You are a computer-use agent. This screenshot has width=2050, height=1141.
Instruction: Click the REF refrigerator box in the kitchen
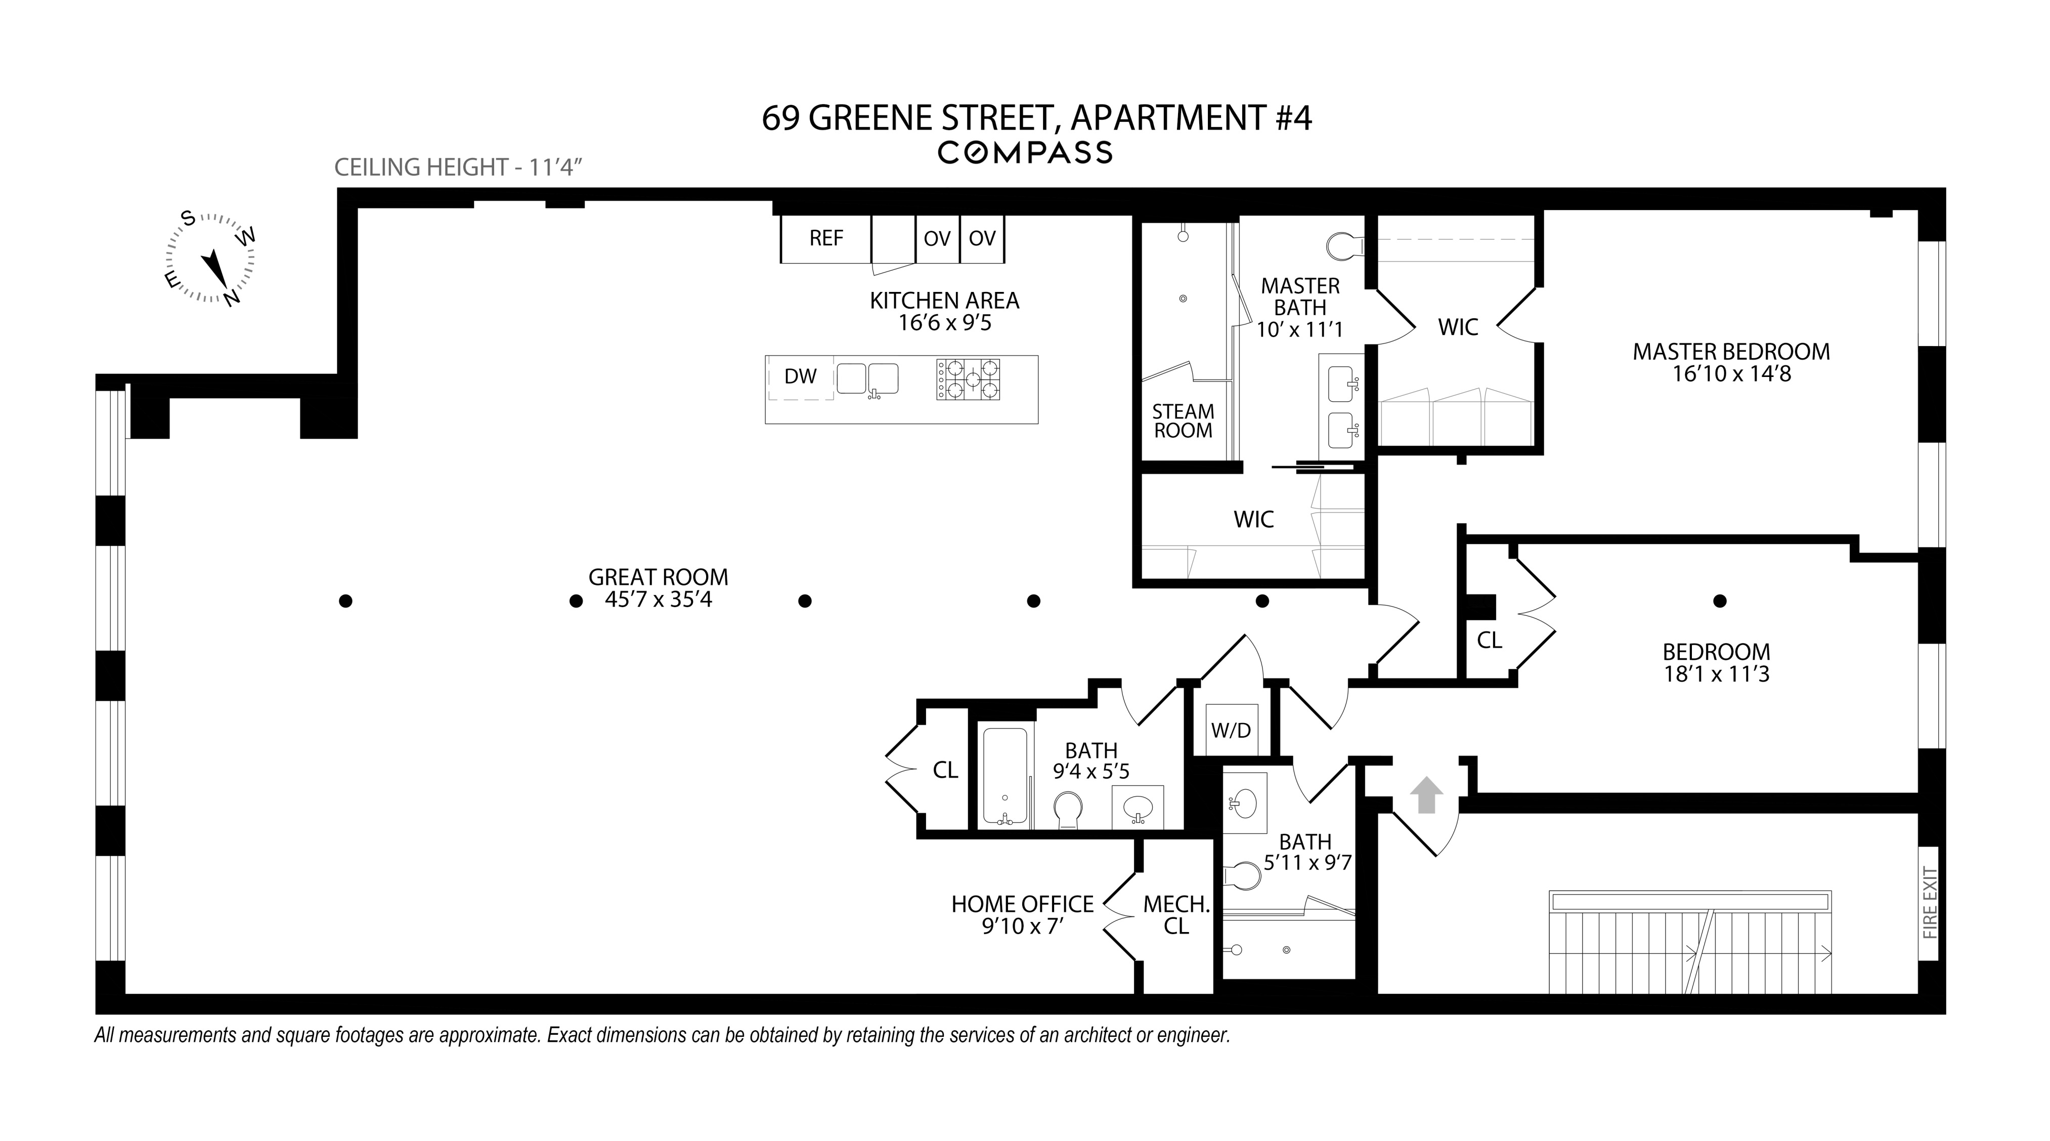(x=825, y=238)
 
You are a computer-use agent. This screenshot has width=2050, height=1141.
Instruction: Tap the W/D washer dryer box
(x=1231, y=729)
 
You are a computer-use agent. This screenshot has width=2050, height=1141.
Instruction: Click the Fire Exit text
(x=1930, y=903)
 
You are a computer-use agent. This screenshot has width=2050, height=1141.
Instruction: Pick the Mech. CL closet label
(x=1176, y=915)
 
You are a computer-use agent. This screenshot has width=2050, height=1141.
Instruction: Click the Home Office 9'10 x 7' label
(x=1023, y=915)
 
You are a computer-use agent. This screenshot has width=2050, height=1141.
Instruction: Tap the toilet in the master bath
(x=1345, y=246)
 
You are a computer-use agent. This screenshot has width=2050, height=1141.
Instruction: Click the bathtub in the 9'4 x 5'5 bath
(x=1005, y=776)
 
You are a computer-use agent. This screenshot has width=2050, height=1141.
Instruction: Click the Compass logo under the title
(x=1025, y=152)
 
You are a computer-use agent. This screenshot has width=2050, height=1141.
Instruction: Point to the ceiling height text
(x=459, y=167)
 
